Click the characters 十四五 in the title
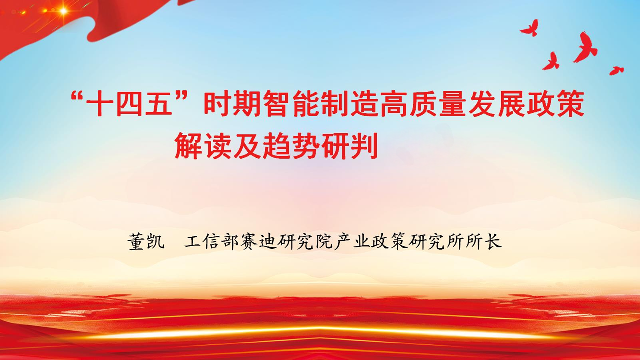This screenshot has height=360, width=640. (x=130, y=104)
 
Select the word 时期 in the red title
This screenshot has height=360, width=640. (x=232, y=104)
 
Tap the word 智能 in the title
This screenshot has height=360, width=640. (x=291, y=104)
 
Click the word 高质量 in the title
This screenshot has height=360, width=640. (x=423, y=104)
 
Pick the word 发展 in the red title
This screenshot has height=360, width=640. (x=496, y=104)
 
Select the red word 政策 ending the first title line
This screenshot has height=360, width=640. (x=555, y=104)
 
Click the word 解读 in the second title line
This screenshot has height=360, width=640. (x=203, y=146)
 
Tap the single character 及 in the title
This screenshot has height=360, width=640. (x=247, y=146)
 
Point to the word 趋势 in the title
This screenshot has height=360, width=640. (x=291, y=146)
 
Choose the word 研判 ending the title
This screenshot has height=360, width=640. (x=349, y=146)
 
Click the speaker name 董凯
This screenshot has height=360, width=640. (x=146, y=242)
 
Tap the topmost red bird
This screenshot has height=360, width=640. (x=529, y=28)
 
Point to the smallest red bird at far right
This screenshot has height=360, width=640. (x=616, y=70)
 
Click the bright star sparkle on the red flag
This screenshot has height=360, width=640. (x=63, y=11)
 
